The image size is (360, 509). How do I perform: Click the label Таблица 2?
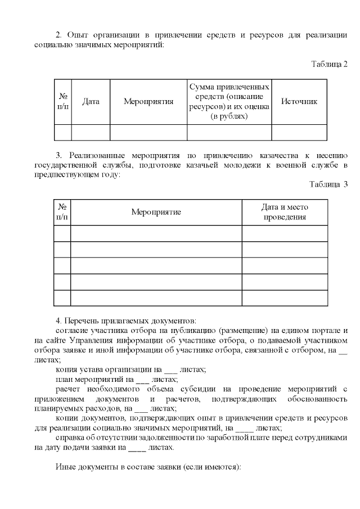pos(329,64)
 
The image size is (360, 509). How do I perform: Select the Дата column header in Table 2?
pos(91,102)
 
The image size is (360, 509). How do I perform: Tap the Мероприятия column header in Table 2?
pos(148,102)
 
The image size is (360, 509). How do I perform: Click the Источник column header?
pos(299,102)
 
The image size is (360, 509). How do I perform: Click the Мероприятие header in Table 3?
pos(156,212)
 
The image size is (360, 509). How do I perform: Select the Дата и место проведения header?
pos(285,212)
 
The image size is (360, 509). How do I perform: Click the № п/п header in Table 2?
pos(63,102)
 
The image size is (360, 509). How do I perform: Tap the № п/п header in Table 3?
pos(62,212)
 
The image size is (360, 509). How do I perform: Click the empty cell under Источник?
pos(299,132)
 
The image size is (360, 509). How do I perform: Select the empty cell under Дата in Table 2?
pos(91,132)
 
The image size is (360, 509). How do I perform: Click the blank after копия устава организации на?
pos(170,370)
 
